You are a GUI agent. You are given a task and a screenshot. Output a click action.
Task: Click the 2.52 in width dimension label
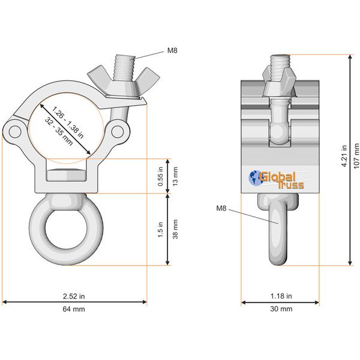75,296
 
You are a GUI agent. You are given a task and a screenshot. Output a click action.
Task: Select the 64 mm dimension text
75,309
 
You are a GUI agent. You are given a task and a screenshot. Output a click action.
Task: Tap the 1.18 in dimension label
281,296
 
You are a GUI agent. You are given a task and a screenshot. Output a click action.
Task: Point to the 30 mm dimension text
281,309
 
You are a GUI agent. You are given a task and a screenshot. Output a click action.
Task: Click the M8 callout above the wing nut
172,50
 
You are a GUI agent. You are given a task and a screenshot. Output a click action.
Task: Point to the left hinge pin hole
15,130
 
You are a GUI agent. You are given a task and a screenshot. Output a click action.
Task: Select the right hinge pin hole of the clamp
117,130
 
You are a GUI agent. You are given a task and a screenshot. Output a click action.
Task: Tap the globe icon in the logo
254,178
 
